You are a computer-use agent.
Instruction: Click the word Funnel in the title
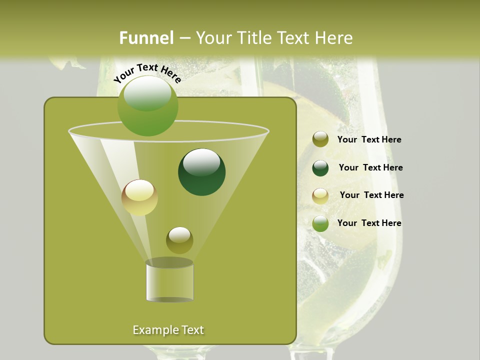pyautogui.click(x=146, y=38)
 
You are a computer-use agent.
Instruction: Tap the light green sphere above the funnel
pyautogui.click(x=148, y=105)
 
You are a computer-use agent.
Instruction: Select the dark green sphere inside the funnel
pyautogui.click(x=201, y=172)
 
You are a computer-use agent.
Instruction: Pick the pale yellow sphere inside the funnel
pyautogui.click(x=139, y=197)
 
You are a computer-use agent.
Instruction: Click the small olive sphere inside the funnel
pyautogui.click(x=179, y=240)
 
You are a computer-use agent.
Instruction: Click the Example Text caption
pyautogui.click(x=168, y=330)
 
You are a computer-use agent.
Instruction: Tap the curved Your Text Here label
pyautogui.click(x=147, y=72)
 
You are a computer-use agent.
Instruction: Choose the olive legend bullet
pyautogui.click(x=320, y=139)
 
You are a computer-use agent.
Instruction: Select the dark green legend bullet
pyautogui.click(x=320, y=168)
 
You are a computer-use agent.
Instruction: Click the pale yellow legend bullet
pyautogui.click(x=320, y=196)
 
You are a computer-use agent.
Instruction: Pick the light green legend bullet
pyautogui.click(x=320, y=223)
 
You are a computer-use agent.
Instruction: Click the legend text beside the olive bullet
pyautogui.click(x=369, y=140)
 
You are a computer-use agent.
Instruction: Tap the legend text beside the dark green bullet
pyautogui.click(x=370, y=168)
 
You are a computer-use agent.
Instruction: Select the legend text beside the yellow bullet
pyautogui.click(x=371, y=195)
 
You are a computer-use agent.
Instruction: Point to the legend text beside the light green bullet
pyautogui.click(x=369, y=223)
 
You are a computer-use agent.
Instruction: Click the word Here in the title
pyautogui.click(x=333, y=38)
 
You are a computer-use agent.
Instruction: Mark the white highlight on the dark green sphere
pyautogui.click(x=201, y=162)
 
